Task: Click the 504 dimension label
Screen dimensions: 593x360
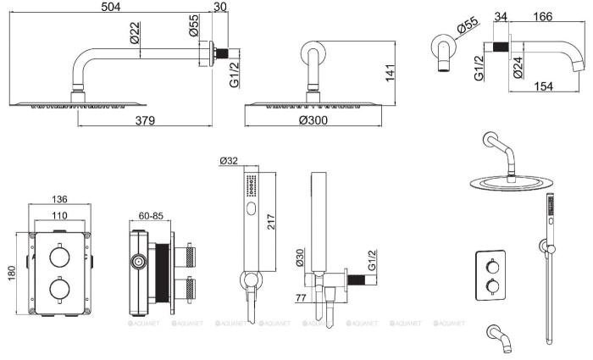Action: pyautogui.click(x=111, y=7)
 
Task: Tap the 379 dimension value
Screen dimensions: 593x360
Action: pyautogui.click(x=145, y=120)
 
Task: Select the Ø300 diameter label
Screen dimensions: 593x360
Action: pyautogui.click(x=313, y=120)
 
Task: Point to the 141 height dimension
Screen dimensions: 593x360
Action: pyautogui.click(x=390, y=73)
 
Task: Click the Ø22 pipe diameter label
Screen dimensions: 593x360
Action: pyautogui.click(x=135, y=33)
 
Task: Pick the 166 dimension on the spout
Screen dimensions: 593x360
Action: pyautogui.click(x=543, y=17)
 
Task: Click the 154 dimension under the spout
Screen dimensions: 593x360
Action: pyautogui.click(x=543, y=86)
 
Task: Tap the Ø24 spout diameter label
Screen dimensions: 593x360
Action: pyautogui.click(x=518, y=68)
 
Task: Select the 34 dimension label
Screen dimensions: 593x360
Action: pyautogui.click(x=501, y=17)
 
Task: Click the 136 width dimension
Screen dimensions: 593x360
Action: pyautogui.click(x=60, y=199)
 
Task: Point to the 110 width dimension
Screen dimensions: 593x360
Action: pyautogui.click(x=60, y=215)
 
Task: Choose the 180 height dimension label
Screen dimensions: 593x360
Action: pyautogui.click(x=11, y=274)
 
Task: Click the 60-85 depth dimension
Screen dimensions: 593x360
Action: pyautogui.click(x=151, y=215)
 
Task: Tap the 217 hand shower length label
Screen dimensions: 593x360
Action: pyautogui.click(x=271, y=222)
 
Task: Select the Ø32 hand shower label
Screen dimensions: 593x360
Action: pyautogui.click(x=229, y=161)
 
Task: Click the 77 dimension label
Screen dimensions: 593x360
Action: pyautogui.click(x=301, y=297)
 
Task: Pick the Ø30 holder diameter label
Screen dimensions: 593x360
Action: pyautogui.click(x=300, y=258)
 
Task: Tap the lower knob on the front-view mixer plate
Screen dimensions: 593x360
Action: pyautogui.click(x=60, y=290)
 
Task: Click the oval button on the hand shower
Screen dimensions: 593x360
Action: pyautogui.click(x=252, y=208)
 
